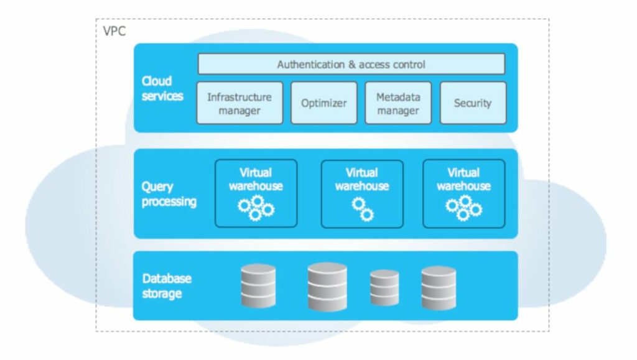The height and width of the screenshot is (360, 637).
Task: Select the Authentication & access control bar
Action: (x=351, y=64)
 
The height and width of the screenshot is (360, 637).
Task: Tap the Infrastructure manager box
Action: (x=239, y=103)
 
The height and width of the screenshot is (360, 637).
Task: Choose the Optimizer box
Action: (x=323, y=103)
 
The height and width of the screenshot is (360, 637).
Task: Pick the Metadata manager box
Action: (x=398, y=103)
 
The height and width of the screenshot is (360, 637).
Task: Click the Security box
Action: (x=473, y=103)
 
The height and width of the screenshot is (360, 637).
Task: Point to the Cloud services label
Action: (x=162, y=88)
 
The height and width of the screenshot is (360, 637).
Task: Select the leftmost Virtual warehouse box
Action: (x=256, y=193)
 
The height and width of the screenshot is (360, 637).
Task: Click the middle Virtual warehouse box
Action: (x=361, y=193)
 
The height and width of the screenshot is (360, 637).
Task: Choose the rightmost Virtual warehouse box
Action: (x=463, y=193)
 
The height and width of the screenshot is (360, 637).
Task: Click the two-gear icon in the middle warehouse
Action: (x=362, y=209)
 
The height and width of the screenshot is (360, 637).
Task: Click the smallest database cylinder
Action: (x=384, y=288)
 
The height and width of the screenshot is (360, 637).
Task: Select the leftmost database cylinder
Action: (x=258, y=286)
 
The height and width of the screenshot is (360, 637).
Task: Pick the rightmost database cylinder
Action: (x=439, y=288)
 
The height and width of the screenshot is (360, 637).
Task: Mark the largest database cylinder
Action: (x=327, y=286)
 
